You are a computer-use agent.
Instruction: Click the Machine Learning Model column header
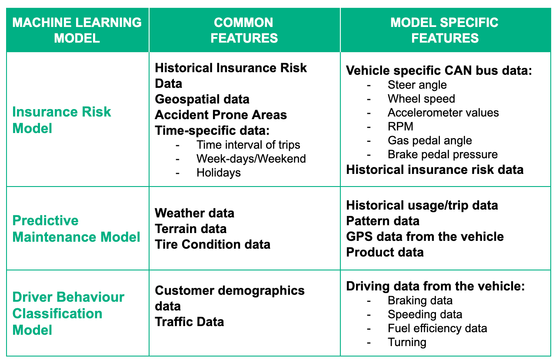tap(77, 30)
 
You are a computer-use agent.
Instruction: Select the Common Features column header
tap(244, 30)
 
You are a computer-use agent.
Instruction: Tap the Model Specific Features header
tap(444, 30)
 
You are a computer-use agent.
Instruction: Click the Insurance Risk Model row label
tap(62, 120)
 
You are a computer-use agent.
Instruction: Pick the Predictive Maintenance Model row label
tap(76, 229)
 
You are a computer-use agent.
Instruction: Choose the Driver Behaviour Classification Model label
tap(68, 313)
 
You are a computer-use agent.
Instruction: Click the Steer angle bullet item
tap(417, 85)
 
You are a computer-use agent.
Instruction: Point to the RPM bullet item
tap(400, 127)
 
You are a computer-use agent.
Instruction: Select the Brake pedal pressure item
tap(443, 154)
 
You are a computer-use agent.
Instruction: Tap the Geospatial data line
tap(202, 99)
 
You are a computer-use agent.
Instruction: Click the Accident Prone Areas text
tap(221, 115)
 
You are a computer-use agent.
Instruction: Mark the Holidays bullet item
tap(218, 173)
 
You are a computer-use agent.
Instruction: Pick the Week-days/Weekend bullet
tap(251, 159)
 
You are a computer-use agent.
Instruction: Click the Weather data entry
tap(194, 213)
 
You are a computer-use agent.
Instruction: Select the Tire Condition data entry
tap(213, 244)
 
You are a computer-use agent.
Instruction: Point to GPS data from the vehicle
tap(425, 237)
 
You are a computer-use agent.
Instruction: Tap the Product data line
tap(385, 252)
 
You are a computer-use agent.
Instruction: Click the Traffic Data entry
tap(190, 322)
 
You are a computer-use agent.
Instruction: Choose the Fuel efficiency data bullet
tap(437, 328)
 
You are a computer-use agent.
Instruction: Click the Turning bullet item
tap(407, 342)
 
